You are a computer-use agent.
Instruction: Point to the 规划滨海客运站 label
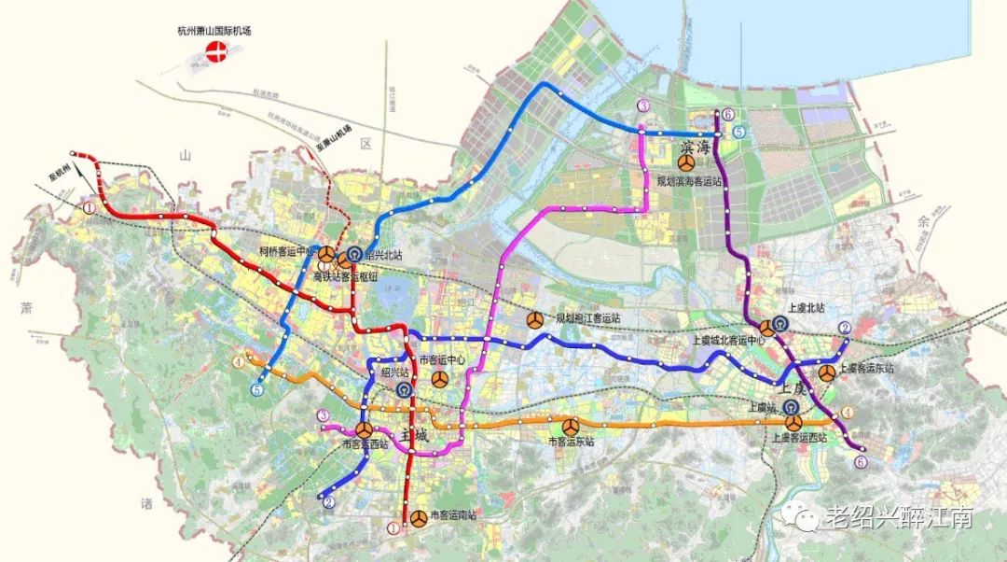pyautogui.click(x=689, y=181)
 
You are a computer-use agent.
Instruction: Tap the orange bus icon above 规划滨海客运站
pyautogui.click(x=685, y=162)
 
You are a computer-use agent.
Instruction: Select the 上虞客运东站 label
pyautogui.click(x=866, y=369)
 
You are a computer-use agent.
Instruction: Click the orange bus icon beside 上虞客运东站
pyautogui.click(x=826, y=373)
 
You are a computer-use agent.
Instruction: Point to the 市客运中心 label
pyautogui.click(x=442, y=360)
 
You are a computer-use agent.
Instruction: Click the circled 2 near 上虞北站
pyautogui.click(x=844, y=328)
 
